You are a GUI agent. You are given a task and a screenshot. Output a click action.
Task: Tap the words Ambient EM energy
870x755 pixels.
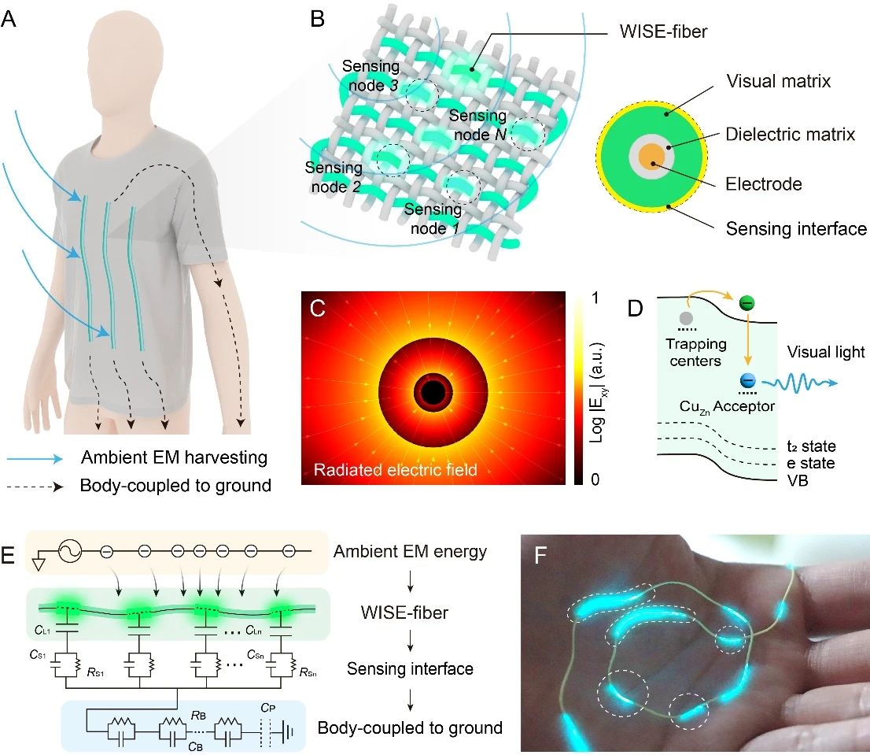tap(409, 552)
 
